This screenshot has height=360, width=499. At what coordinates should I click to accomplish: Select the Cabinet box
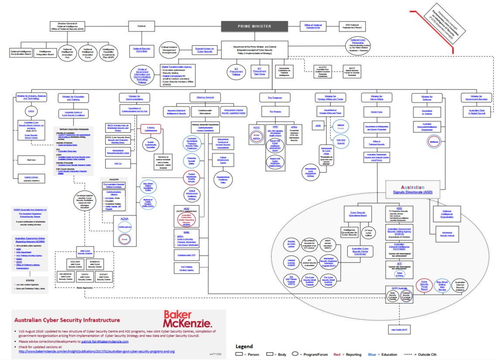(141, 26)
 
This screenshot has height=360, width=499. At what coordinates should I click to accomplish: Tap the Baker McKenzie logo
(187, 319)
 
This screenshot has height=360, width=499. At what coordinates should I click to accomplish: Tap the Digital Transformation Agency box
(177, 74)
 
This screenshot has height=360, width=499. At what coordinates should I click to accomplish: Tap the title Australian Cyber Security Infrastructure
(67, 320)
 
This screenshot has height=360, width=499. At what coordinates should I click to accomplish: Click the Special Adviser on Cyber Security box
(203, 50)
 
